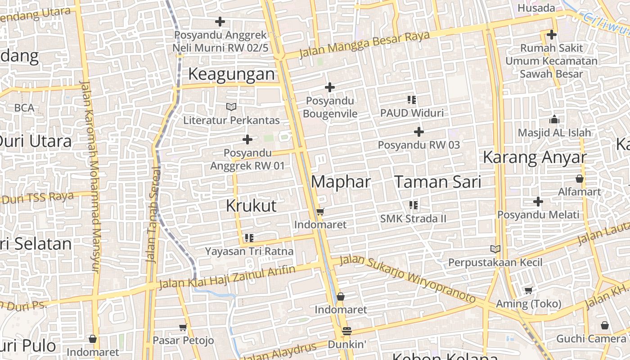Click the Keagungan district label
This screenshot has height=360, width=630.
click(x=231, y=74)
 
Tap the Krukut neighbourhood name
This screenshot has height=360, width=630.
click(x=251, y=206)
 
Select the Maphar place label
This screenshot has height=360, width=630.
click(x=341, y=182)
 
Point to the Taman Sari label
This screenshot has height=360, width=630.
click(x=438, y=182)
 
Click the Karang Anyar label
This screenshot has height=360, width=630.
click(x=535, y=157)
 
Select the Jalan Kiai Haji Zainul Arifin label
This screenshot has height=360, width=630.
click(x=227, y=277)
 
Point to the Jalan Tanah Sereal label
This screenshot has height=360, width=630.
click(x=153, y=215)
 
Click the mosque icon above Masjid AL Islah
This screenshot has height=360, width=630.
click(x=554, y=120)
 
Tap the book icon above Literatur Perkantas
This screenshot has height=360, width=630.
click(x=231, y=107)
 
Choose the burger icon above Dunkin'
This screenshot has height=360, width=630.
click(x=346, y=331)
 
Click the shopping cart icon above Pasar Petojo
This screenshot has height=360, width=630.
click(x=183, y=327)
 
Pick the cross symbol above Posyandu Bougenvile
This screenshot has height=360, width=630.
click(x=330, y=87)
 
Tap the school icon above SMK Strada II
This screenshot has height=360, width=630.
click(x=413, y=205)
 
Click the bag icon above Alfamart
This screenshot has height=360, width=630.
click(x=579, y=179)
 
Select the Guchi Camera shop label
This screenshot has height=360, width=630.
click(x=591, y=338)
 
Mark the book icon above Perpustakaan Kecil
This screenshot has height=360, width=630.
click(x=495, y=249)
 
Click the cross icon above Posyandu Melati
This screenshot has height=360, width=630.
click(x=538, y=202)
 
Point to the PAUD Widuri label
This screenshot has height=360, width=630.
click(x=412, y=112)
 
